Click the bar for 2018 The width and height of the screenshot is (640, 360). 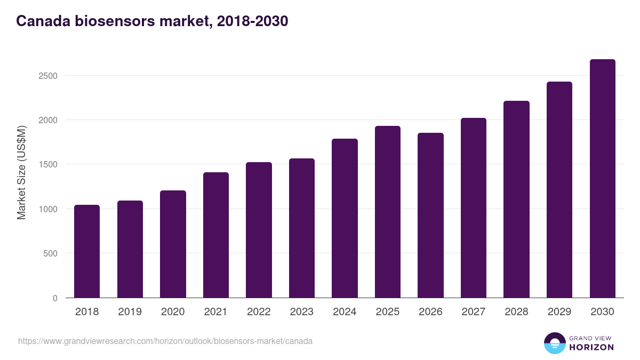(x=87, y=251)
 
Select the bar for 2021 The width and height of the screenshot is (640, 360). (x=215, y=235)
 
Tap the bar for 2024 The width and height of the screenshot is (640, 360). (x=345, y=218)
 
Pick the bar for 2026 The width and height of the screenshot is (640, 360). (x=430, y=215)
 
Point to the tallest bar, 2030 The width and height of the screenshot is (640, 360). (x=602, y=179)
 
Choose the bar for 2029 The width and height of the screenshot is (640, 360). (x=559, y=190)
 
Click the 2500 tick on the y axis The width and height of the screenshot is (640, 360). (x=47, y=76)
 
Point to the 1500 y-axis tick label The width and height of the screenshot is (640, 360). (x=47, y=165)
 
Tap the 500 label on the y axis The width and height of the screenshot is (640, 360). (x=51, y=254)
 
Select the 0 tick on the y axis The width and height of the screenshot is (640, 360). (x=55, y=298)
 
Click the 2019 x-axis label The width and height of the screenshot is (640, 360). (x=130, y=311)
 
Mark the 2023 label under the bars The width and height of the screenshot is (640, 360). (x=301, y=311)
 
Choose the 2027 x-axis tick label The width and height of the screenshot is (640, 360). (x=473, y=311)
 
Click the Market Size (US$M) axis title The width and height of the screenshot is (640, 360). (x=21, y=172)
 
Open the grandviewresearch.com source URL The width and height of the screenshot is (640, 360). (x=165, y=341)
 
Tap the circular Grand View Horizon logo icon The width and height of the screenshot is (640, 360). (x=554, y=343)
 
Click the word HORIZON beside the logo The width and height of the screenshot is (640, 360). (x=591, y=347)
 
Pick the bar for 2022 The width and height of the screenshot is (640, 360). (x=259, y=230)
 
